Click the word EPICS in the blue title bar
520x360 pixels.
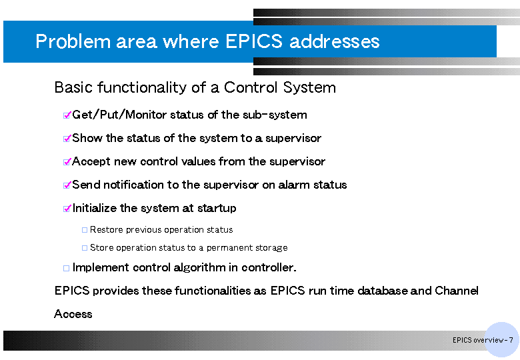254,41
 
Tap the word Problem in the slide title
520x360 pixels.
73,41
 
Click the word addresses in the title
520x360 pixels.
334,41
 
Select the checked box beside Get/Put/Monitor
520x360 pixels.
67,115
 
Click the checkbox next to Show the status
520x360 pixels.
67,138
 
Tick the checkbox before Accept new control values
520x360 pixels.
67,161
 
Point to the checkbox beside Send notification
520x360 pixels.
67,185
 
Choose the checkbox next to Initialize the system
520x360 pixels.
67,208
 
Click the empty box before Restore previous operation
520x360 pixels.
85,230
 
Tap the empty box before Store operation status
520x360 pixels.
85,247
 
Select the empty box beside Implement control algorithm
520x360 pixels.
66,268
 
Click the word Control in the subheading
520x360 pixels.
251,87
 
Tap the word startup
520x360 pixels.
217,208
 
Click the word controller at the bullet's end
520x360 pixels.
269,267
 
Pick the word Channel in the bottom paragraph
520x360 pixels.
456,291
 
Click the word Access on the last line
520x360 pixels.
73,314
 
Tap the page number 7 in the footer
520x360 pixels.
511,340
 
